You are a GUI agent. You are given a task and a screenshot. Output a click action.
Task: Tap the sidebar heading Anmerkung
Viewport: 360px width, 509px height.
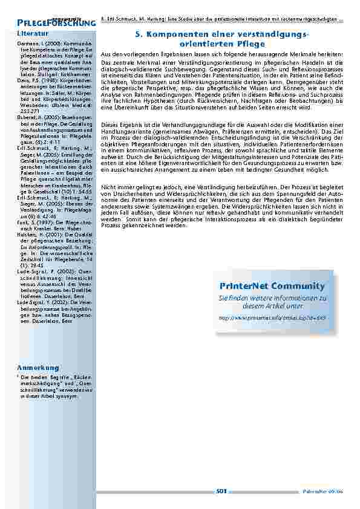coord(38,368)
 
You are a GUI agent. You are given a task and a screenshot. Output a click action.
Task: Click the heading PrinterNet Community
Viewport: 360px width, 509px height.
coord(272,286)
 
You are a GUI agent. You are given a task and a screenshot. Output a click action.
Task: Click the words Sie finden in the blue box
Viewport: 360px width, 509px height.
coord(230,298)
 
